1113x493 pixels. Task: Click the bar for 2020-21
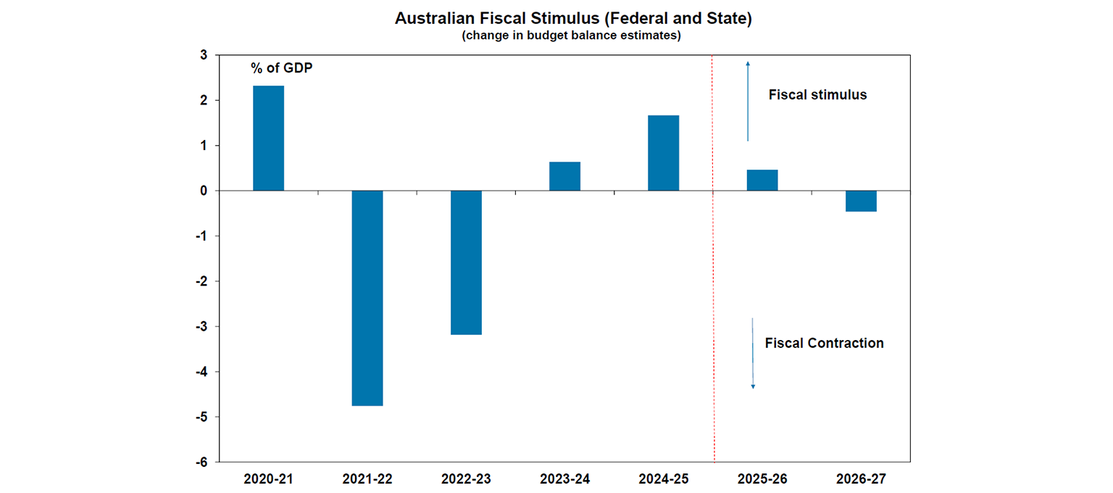tap(268, 138)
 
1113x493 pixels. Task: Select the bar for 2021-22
tap(367, 298)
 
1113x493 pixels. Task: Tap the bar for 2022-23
tap(466, 262)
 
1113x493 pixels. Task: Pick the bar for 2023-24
tap(564, 176)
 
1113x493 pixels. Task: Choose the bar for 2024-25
tap(663, 153)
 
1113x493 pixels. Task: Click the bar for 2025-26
tap(762, 181)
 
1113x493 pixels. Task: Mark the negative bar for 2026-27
tap(860, 201)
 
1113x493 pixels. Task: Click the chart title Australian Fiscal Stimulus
tap(572, 19)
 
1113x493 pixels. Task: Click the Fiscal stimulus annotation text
tap(817, 95)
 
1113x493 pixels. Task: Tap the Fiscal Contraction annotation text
tap(824, 343)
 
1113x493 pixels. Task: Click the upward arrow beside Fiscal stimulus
tap(748, 101)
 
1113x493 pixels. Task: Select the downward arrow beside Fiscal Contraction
tap(752, 353)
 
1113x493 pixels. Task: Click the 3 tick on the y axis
tap(204, 55)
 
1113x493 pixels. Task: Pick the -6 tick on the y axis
tap(201, 462)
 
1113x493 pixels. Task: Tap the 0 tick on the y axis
tap(204, 191)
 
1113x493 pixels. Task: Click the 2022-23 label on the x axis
tap(466, 479)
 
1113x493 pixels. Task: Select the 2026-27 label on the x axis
tap(860, 479)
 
